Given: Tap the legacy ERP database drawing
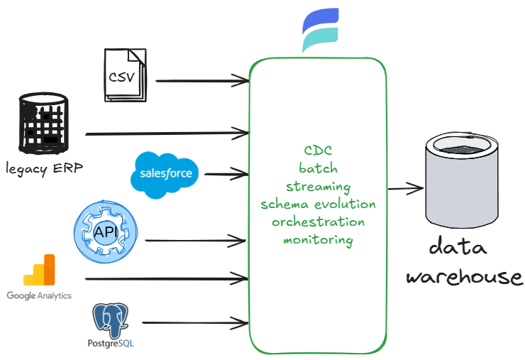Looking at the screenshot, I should (45, 126).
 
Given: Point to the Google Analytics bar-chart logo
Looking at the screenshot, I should (39, 270).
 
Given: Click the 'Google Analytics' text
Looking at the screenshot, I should (39, 295).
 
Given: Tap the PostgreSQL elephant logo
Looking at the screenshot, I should (114, 320).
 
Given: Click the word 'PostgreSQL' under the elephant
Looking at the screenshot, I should (114, 344).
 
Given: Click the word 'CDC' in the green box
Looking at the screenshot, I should (318, 151).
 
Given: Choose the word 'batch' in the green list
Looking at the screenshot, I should (318, 169).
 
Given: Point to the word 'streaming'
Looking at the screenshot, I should (318, 187).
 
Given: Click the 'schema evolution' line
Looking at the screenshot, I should (318, 204).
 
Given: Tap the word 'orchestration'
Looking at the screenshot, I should (318, 222).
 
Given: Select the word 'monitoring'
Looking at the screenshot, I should (318, 239).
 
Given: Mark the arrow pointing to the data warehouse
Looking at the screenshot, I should (404, 188).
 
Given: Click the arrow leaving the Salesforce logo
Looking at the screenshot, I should (226, 173).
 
